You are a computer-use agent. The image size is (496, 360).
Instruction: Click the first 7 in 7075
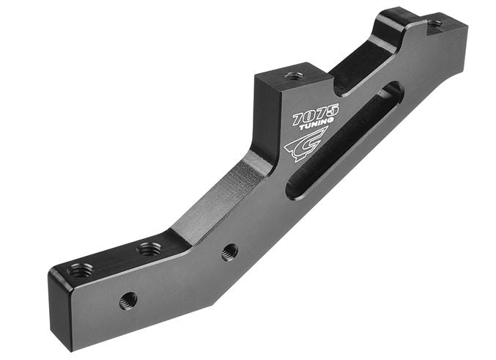[298, 120]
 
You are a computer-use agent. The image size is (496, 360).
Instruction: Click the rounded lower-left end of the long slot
[293, 189]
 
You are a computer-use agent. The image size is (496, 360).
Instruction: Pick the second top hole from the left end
[149, 249]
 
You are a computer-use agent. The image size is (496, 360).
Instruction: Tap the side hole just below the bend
[229, 251]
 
